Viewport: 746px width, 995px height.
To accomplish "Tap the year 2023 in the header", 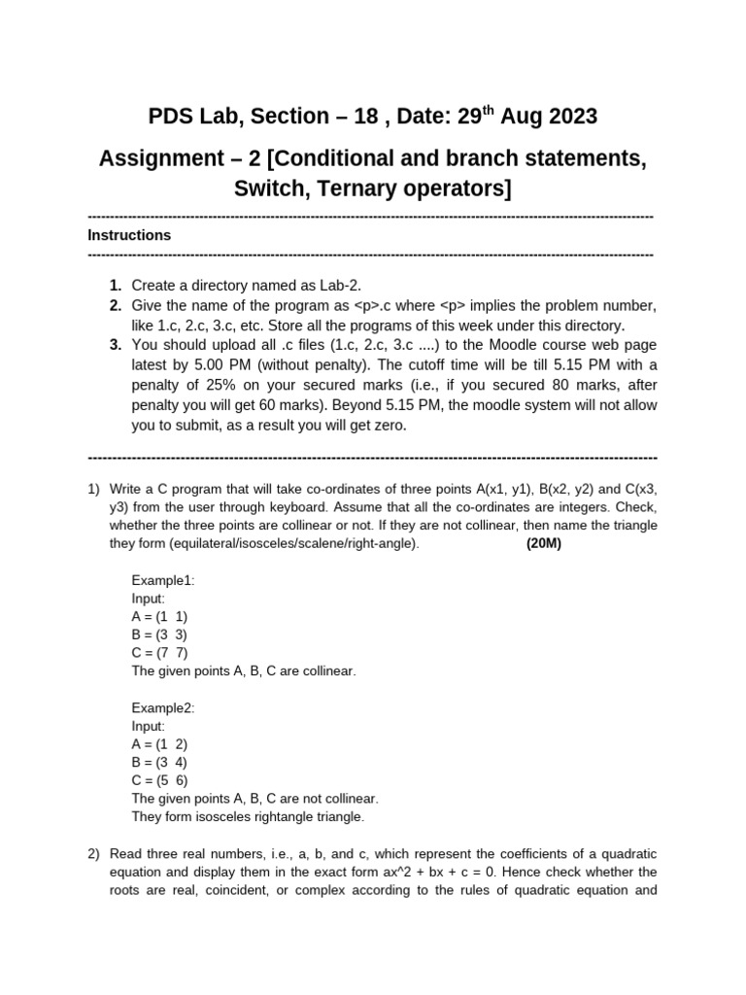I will (x=560, y=118).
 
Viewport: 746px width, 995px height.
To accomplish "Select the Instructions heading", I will (x=129, y=235).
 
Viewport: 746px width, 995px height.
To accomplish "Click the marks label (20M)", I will (x=544, y=544).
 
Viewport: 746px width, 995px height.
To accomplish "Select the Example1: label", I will (x=163, y=580).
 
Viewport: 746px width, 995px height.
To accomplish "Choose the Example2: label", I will (x=163, y=707).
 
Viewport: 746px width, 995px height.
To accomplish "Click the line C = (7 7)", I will (x=160, y=652).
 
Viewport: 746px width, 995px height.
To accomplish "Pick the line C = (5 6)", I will (x=160, y=780).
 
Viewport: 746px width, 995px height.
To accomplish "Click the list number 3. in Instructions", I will (x=116, y=345).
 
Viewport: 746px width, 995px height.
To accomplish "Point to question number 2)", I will (x=94, y=853).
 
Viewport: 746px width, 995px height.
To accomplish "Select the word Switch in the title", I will (x=268, y=188).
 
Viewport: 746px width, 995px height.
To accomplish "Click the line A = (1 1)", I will (x=160, y=616).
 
